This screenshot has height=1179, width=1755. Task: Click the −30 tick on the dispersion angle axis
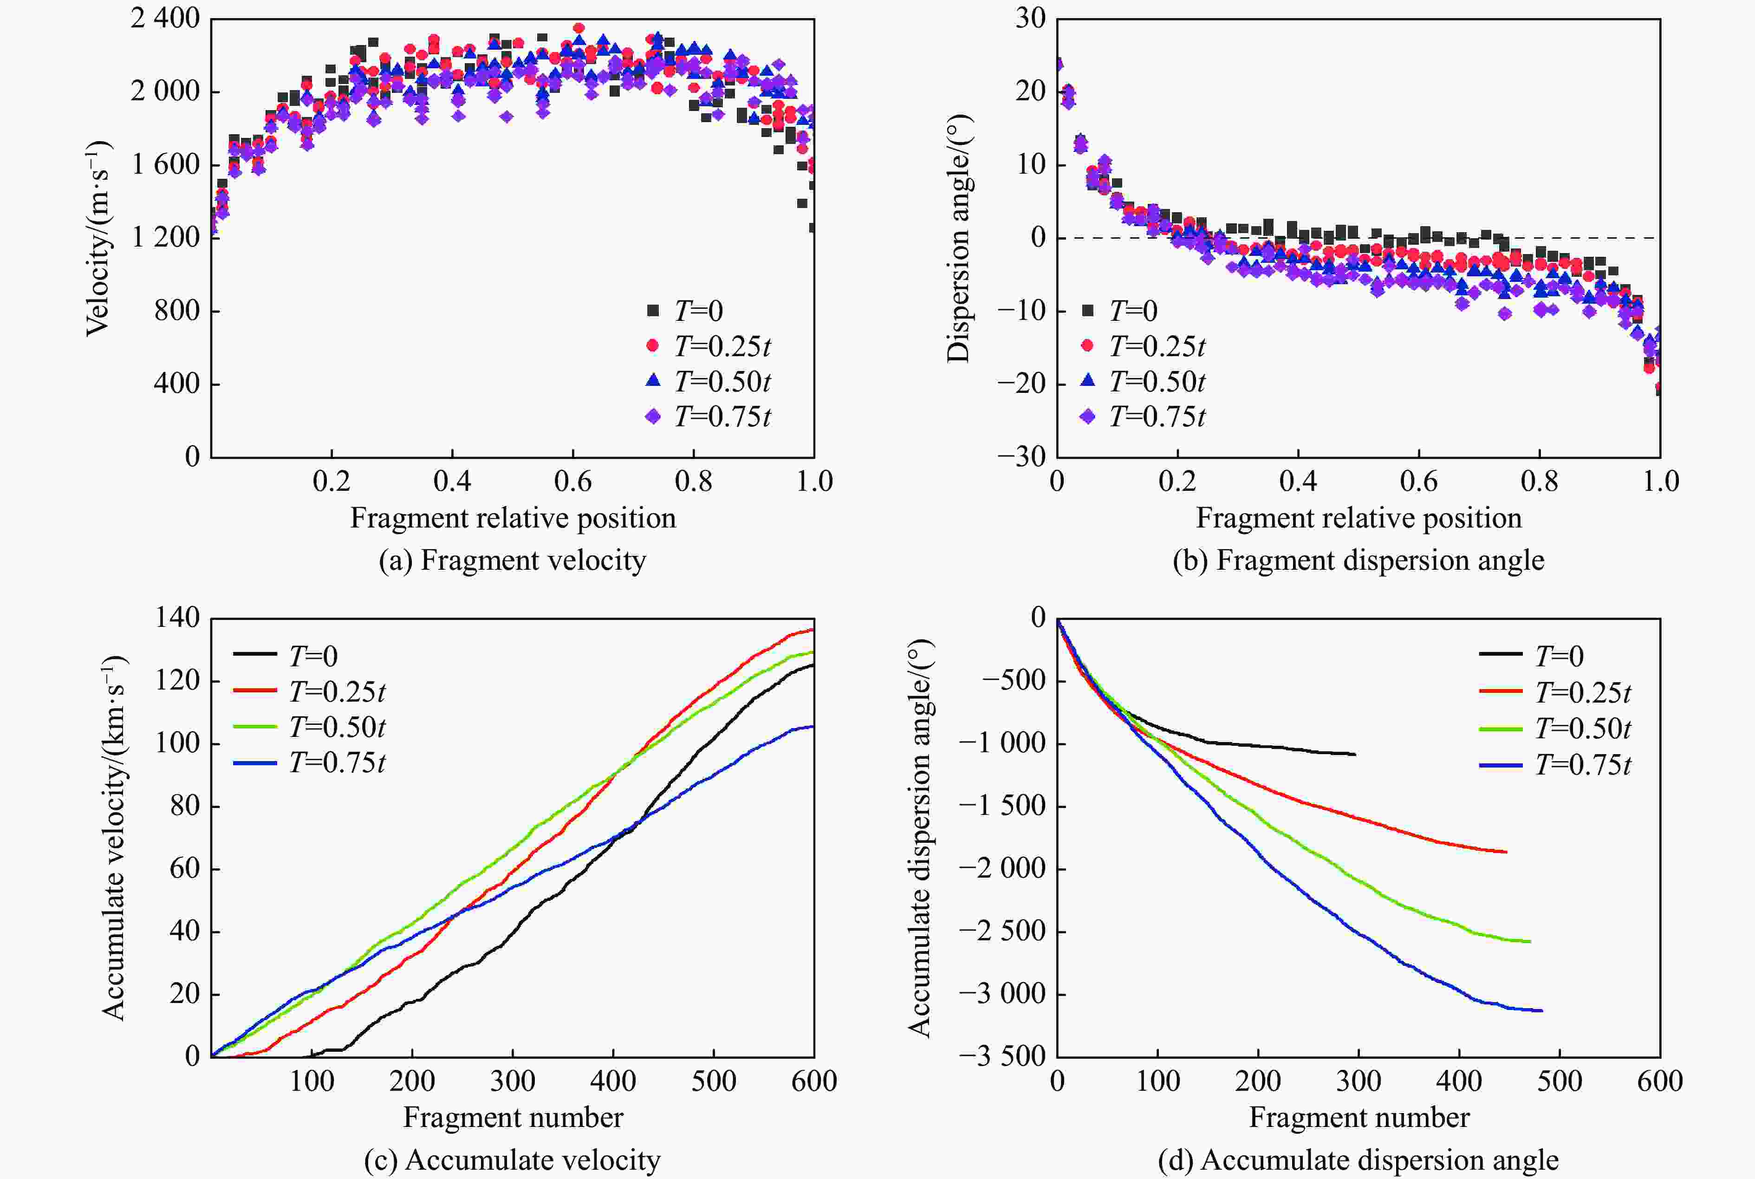[1020, 456]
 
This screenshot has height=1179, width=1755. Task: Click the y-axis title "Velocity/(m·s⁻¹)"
[97, 238]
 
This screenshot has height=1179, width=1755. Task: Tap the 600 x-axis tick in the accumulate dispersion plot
[1659, 1081]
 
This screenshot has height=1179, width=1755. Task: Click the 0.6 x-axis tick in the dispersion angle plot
[1418, 481]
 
